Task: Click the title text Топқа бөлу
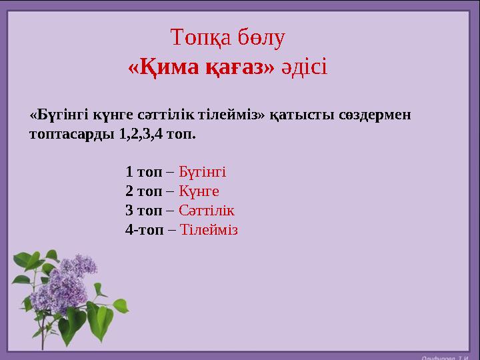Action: (x=228, y=38)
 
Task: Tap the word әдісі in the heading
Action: (x=304, y=68)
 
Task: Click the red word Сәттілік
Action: (x=207, y=211)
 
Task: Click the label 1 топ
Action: (x=143, y=172)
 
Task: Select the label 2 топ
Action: (x=143, y=191)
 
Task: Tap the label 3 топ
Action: (x=143, y=211)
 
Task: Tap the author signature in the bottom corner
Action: (x=445, y=355)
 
